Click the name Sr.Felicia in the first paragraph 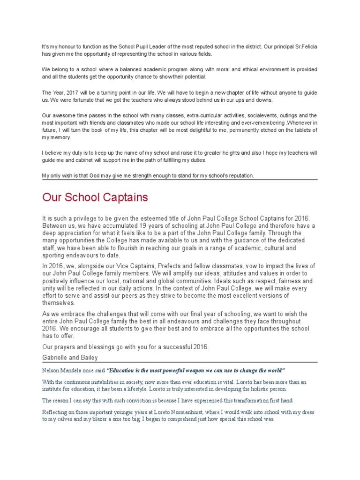pos(306,47)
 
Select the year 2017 pos(75,92)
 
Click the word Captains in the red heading pos(121,197)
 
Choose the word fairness pos(282,281)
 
